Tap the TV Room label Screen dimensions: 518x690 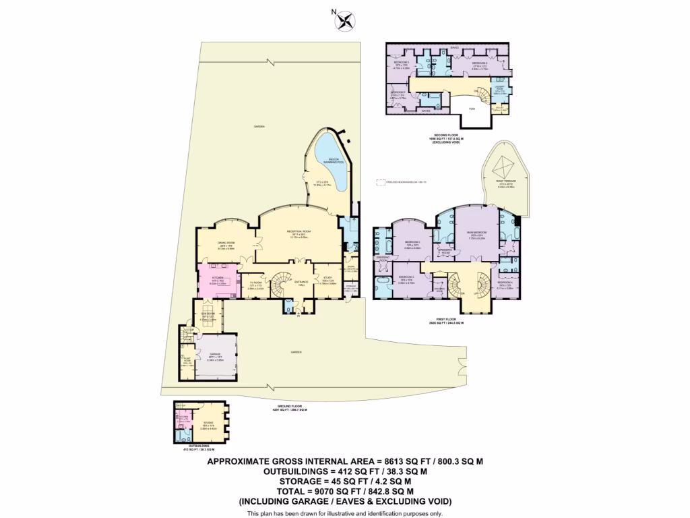click(255, 285)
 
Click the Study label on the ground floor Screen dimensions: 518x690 click(328, 279)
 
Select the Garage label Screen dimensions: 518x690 click(216, 357)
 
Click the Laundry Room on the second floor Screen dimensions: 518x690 click(501, 87)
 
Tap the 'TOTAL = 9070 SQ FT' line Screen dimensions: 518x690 click(344, 492)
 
